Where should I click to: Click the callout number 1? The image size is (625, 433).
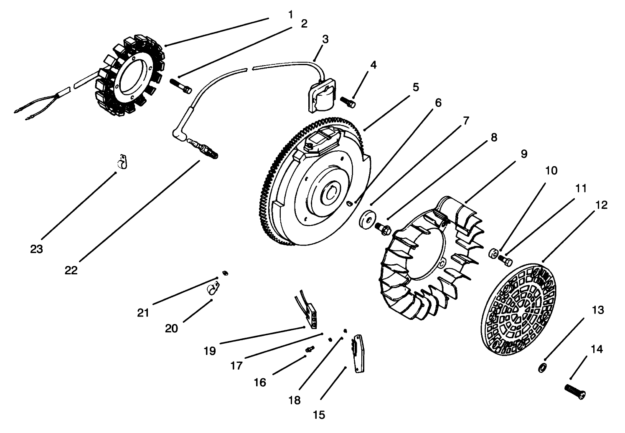tap(290, 14)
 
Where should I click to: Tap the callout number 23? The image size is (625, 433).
tap(36, 249)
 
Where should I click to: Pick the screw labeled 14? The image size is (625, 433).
tap(575, 391)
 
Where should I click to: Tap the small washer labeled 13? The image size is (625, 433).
tap(542, 368)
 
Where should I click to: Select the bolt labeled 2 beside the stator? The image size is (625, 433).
tap(180, 85)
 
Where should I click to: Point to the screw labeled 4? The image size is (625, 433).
tap(348, 101)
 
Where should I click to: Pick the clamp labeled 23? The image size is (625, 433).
tap(122, 162)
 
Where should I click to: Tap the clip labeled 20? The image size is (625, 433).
tap(213, 289)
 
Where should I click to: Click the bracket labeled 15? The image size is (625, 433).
tap(358, 352)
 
